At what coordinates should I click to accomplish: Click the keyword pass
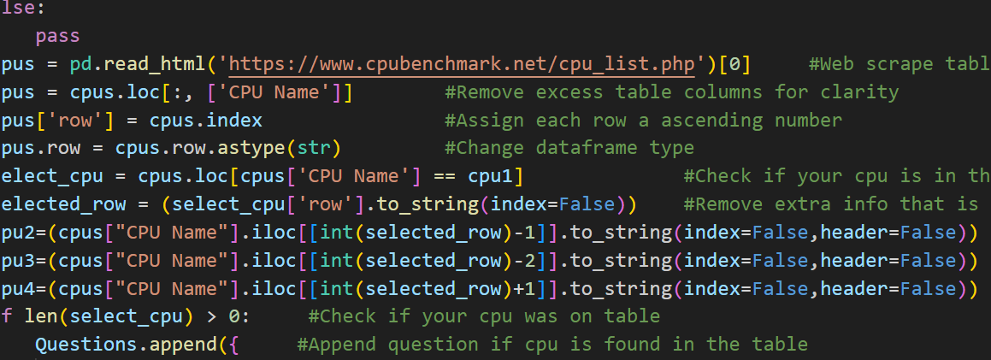coord(57,36)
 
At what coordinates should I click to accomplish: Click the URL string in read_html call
coord(462,64)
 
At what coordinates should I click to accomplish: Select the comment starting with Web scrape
coord(899,64)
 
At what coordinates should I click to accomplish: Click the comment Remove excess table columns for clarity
coord(672,92)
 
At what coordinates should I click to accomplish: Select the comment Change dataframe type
coord(569,149)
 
